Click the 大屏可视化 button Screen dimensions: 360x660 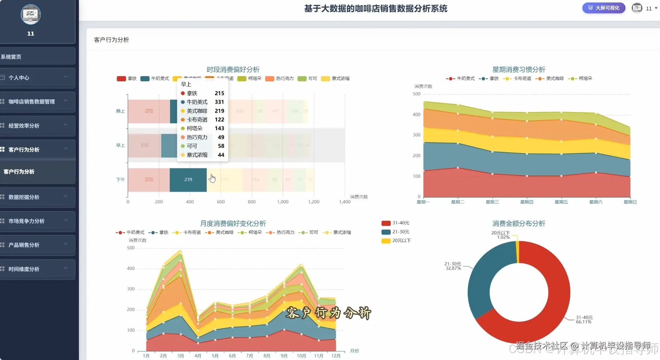(603, 8)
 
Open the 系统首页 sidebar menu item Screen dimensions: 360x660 (11, 57)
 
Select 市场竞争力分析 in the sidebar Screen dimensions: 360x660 (27, 221)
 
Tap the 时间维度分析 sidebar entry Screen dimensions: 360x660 (24, 269)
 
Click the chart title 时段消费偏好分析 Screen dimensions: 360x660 (233, 69)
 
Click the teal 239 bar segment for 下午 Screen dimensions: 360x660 (188, 179)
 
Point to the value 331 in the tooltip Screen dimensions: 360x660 (219, 102)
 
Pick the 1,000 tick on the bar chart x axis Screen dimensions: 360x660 (283, 202)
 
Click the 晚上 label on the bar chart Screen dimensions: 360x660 (120, 111)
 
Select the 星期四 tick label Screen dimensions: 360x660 (527, 202)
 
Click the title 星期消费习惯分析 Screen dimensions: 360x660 (519, 69)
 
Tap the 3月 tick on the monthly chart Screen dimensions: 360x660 (180, 356)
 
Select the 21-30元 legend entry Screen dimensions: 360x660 (400, 232)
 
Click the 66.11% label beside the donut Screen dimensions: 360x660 (584, 322)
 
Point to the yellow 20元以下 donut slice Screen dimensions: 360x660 (517, 251)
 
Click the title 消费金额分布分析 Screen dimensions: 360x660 (519, 223)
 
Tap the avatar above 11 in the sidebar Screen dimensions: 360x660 (31, 15)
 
